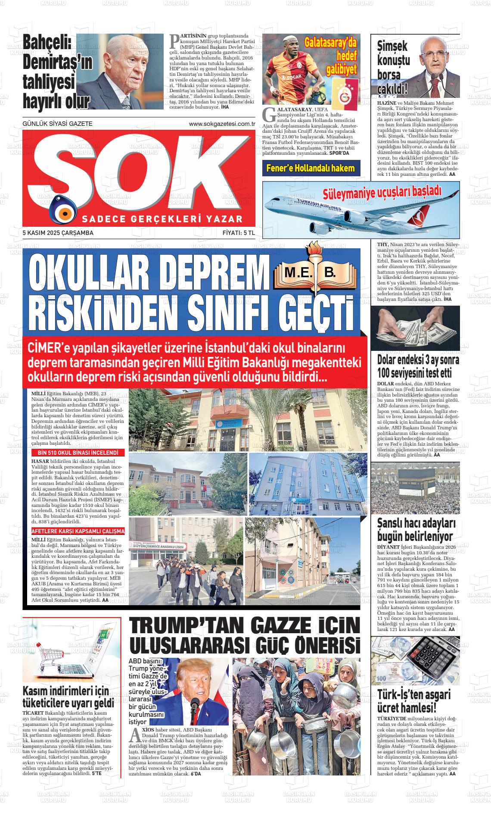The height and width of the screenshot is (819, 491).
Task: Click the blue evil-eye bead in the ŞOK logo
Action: [x=63, y=212]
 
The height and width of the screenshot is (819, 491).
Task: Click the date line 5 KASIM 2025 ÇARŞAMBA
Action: [x=58, y=233]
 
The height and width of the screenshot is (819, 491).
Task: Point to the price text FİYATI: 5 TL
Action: [x=239, y=233]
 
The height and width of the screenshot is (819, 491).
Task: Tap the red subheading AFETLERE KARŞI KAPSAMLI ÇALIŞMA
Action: [x=78, y=531]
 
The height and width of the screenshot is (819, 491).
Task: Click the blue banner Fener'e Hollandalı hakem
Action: [x=311, y=168]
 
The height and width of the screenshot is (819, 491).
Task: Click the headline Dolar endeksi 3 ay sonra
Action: [x=418, y=359]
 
